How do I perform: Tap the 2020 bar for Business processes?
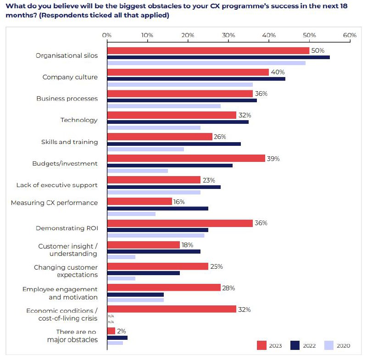(163, 106)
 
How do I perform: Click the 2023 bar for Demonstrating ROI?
(179, 223)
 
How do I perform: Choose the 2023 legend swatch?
(261, 345)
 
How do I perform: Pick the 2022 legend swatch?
(295, 345)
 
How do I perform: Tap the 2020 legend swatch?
(329, 345)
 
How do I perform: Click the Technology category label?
(79, 120)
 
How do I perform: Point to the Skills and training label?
(69, 142)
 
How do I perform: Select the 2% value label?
(122, 331)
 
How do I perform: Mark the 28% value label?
(228, 288)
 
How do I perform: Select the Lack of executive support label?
(57, 185)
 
